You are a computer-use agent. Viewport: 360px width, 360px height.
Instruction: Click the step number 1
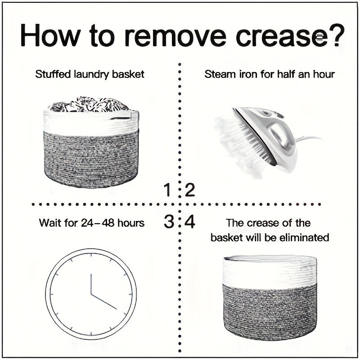(167, 190)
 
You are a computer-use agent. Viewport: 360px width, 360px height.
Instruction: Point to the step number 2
(189, 190)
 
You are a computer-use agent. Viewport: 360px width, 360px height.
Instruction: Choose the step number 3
(168, 222)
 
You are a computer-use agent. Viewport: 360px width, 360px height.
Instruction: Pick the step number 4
(190, 222)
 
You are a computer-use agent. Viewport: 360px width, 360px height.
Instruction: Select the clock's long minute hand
(104, 302)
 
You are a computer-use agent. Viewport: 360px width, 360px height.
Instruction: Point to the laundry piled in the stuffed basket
(89, 104)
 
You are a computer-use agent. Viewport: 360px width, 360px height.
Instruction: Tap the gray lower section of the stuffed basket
(91, 158)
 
